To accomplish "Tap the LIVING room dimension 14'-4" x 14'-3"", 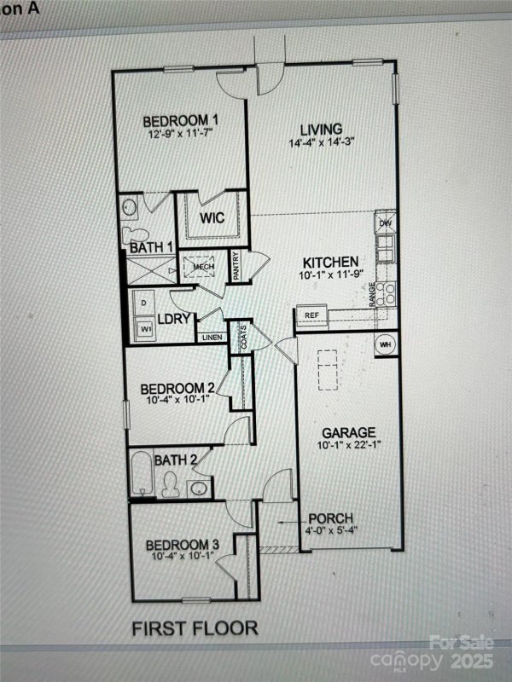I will pos(321,142).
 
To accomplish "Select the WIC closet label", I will pos(212,218).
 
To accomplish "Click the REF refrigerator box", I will pos(311,315).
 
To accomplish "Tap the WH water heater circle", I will pos(385,344).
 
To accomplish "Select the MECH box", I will pos(202,267).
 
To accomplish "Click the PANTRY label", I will pos(236,265).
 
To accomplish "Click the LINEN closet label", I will pos(212,338).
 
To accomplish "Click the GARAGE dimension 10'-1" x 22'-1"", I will pos(348,446).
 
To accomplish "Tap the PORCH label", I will pos(329,518).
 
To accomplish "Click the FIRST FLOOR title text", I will pos(195,629).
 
